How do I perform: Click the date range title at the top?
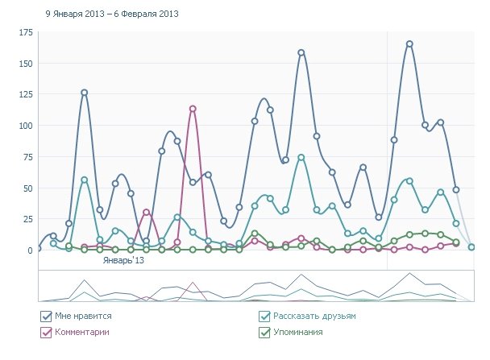[x=112, y=14]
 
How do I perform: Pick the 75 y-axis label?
[x=26, y=157]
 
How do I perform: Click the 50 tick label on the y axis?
[x=26, y=188]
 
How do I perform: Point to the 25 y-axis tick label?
[x=26, y=219]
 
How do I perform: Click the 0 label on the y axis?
[x=28, y=250]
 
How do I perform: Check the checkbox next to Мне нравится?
[x=46, y=317]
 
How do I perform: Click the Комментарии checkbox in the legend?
[x=46, y=331]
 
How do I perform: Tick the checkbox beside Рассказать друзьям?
[x=264, y=317]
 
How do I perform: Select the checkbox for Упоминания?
[x=264, y=331]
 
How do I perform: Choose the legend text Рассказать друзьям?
[x=314, y=317]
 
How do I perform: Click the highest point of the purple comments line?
[x=193, y=109]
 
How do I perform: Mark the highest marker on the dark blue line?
[x=409, y=43]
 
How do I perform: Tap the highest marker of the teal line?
[x=301, y=158]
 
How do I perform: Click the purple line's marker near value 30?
[x=146, y=213]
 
